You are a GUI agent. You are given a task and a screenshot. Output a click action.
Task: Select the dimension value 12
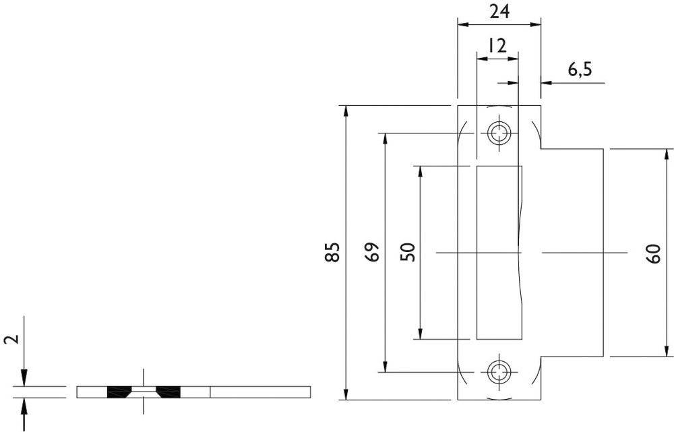(x=497, y=46)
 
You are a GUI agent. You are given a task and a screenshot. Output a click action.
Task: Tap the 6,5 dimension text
(x=579, y=69)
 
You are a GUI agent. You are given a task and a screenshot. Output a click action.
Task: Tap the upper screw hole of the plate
(x=499, y=133)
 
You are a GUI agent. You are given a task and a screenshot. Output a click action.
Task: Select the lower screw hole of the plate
(x=499, y=371)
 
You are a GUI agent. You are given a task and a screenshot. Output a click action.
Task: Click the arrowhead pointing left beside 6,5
(x=547, y=84)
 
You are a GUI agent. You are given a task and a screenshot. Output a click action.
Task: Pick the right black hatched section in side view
(x=168, y=392)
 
